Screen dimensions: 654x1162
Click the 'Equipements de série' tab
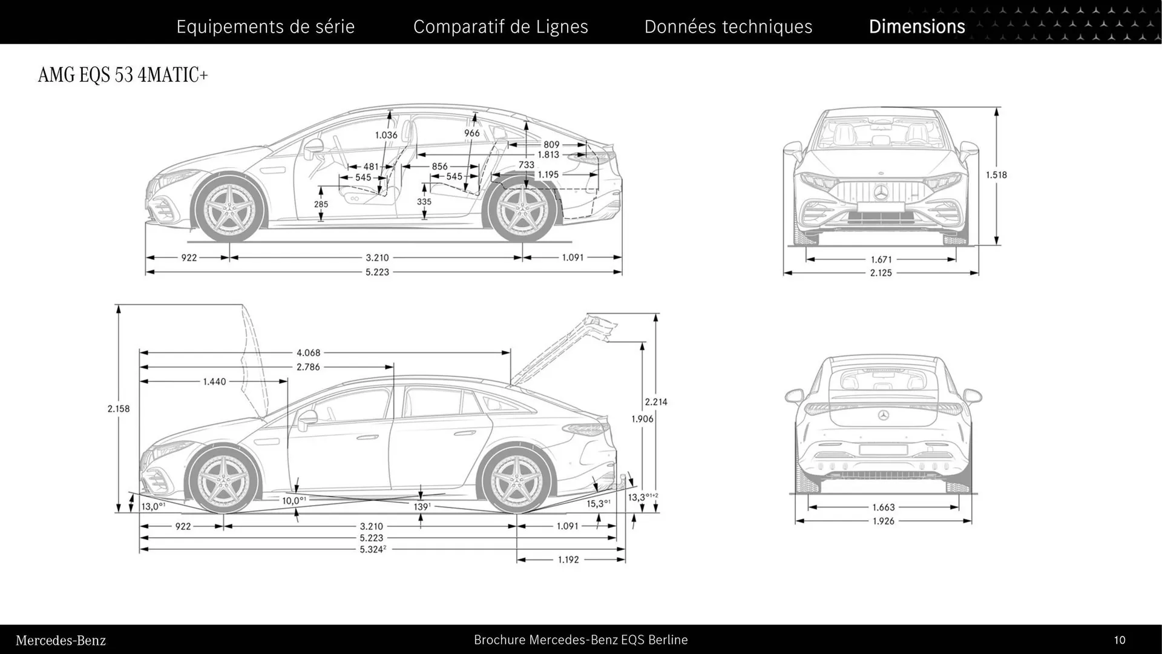tap(265, 27)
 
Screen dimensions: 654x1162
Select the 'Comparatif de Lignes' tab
tap(501, 27)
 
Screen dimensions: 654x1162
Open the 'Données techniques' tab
tap(728, 27)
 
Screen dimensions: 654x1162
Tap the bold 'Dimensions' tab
tap(916, 27)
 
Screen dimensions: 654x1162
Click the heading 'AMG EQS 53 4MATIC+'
tap(123, 75)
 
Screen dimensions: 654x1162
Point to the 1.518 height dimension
tap(996, 175)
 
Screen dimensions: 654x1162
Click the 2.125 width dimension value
tap(881, 273)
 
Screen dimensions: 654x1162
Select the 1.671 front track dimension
tap(881, 260)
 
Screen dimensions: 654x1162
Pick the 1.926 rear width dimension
tap(883, 521)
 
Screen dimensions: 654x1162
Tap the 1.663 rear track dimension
tap(883, 507)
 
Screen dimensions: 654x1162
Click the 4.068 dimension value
tap(308, 352)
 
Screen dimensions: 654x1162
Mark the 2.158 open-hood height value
tap(119, 409)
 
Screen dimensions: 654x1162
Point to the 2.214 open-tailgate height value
tap(655, 402)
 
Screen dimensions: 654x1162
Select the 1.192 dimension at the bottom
tap(568, 560)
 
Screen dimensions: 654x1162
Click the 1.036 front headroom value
tap(386, 135)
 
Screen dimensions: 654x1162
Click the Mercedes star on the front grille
tap(881, 193)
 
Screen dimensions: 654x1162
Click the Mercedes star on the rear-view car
tap(883, 415)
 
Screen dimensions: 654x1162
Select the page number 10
tap(1119, 640)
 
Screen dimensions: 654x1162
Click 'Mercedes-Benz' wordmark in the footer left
tap(61, 641)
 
